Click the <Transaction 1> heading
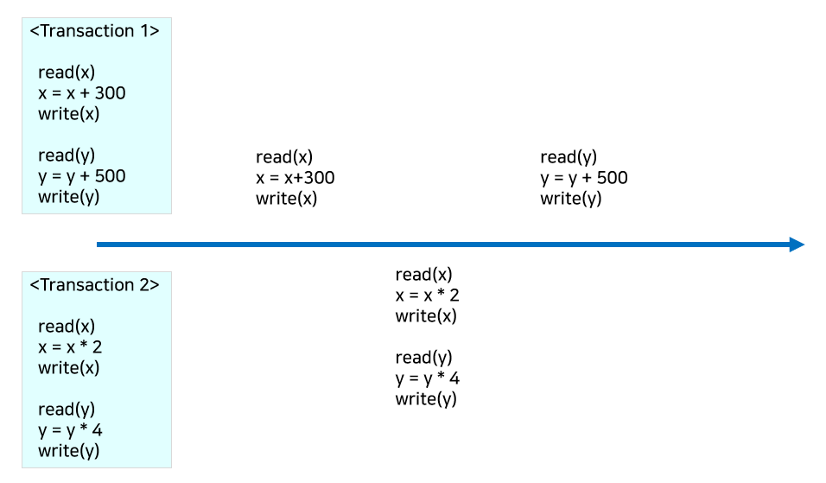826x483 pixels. pyautogui.click(x=95, y=31)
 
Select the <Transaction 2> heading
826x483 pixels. pyautogui.click(x=95, y=285)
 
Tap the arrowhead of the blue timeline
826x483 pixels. pyautogui.click(x=797, y=245)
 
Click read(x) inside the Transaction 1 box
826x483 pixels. pyautogui.click(x=67, y=73)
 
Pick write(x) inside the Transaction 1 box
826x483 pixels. pyautogui.click(x=69, y=114)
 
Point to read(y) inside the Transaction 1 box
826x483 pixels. pyautogui.click(x=67, y=156)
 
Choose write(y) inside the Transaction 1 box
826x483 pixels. pyautogui.click(x=69, y=197)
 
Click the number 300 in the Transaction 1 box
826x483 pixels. pyautogui.click(x=111, y=93)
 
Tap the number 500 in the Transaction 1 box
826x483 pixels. pyautogui.click(x=111, y=176)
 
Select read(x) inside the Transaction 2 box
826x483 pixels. pyautogui.click(x=67, y=327)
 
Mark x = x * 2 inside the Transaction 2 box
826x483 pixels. pyautogui.click(x=70, y=347)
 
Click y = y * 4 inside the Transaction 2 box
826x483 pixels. pyautogui.click(x=70, y=430)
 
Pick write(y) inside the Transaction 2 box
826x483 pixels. pyautogui.click(x=69, y=451)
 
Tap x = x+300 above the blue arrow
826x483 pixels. pyautogui.click(x=295, y=178)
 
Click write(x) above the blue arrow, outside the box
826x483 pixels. pyautogui.click(x=287, y=199)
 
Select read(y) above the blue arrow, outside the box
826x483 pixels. pyautogui.click(x=569, y=157)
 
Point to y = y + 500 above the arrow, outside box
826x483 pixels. pyautogui.click(x=584, y=178)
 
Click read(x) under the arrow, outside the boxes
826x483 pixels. pyautogui.click(x=424, y=275)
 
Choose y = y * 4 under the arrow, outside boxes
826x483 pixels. pyautogui.click(x=428, y=378)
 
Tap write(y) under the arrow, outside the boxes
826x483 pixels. pyautogui.click(x=427, y=399)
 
